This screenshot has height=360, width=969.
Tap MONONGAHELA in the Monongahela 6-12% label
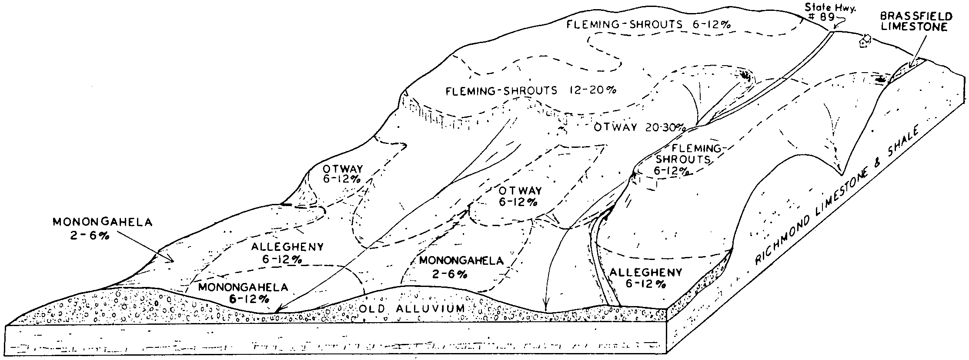click(x=243, y=287)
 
